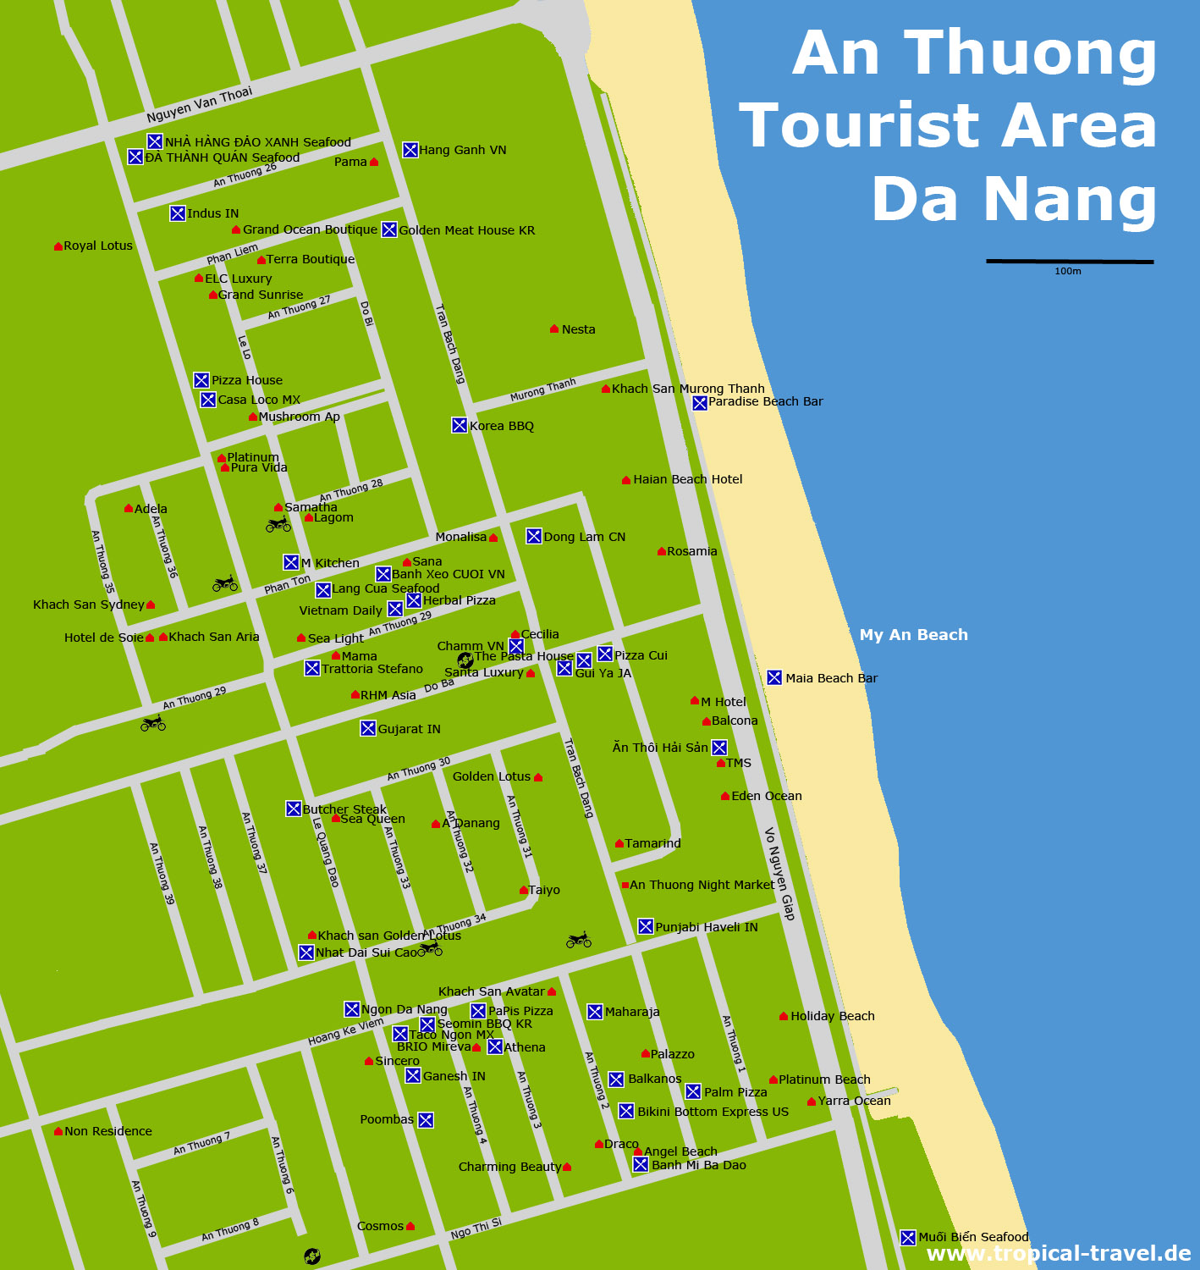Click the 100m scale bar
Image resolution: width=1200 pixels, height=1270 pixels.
click(x=1069, y=262)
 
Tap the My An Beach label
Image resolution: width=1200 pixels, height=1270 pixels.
click(x=913, y=635)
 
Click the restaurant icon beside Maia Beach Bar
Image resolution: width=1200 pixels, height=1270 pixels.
click(x=774, y=677)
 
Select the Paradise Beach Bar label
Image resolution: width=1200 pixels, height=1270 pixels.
click(x=765, y=401)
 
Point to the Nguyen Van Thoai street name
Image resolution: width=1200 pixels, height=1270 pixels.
click(x=200, y=104)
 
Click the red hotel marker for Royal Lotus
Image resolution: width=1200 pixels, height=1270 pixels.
click(x=58, y=246)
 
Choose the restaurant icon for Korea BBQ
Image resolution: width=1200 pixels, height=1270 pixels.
click(x=460, y=425)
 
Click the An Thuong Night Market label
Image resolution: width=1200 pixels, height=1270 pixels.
click(x=702, y=885)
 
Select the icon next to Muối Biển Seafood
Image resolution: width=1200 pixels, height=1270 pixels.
click(x=908, y=1238)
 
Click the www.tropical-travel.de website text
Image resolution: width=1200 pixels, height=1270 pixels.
click(x=1059, y=1254)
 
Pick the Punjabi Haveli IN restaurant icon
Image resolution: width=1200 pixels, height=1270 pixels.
click(x=646, y=926)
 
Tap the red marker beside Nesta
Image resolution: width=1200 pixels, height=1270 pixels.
click(x=554, y=329)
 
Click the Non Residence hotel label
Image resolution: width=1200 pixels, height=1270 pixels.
click(x=108, y=1131)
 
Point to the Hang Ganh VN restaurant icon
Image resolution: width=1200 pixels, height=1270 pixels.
click(x=410, y=150)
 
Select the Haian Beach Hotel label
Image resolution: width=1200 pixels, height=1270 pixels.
click(x=687, y=479)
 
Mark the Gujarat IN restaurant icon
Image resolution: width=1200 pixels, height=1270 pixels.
click(x=368, y=728)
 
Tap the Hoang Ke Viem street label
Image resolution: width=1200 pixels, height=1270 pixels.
click(x=345, y=1031)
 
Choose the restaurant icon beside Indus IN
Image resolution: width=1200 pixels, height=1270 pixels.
click(x=178, y=213)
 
